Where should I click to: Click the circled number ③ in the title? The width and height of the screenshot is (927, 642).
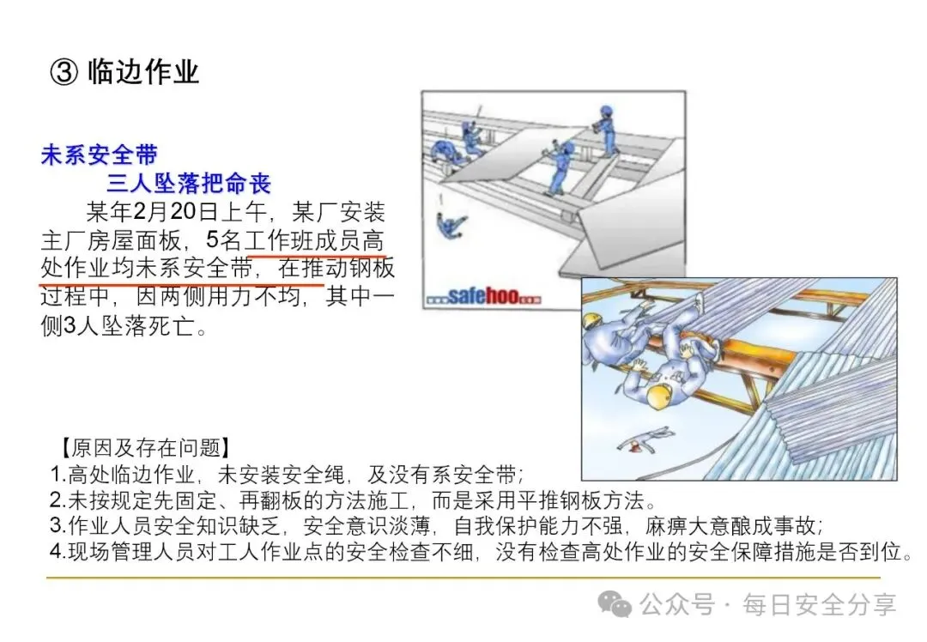[64, 72]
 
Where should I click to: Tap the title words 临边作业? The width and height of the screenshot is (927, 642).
[143, 72]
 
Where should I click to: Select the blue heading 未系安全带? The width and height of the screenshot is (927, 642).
[100, 154]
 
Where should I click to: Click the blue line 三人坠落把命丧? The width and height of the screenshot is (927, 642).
[189, 184]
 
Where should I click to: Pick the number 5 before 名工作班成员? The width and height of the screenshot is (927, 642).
[213, 240]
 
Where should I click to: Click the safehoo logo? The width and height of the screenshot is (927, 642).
[483, 295]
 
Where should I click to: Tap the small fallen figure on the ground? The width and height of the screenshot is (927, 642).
[645, 440]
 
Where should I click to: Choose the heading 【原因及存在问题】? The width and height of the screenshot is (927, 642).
[145, 447]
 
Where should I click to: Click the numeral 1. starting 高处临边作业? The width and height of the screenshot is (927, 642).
[58, 474]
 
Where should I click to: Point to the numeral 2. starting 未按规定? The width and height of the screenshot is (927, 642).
[58, 500]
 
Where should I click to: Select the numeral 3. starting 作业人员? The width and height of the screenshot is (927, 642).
[58, 525]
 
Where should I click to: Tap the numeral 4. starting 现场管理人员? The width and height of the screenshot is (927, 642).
[58, 551]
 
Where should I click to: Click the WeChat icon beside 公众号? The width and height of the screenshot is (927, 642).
[615, 603]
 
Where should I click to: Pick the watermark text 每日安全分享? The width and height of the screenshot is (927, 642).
[820, 604]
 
